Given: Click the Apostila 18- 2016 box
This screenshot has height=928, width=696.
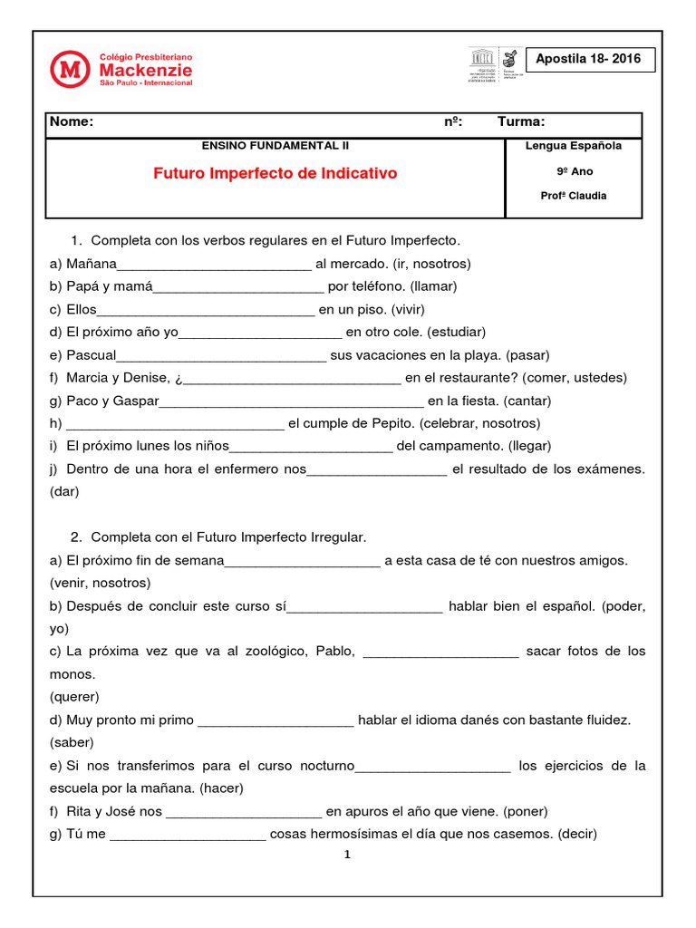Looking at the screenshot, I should [588, 60].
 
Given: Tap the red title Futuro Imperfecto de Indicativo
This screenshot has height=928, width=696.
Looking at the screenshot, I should [275, 173].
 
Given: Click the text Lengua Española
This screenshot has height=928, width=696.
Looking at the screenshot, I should [573, 146].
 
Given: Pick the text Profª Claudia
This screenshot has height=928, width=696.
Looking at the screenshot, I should [573, 196].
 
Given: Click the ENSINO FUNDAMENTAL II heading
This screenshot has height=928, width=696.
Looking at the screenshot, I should [275, 145].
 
